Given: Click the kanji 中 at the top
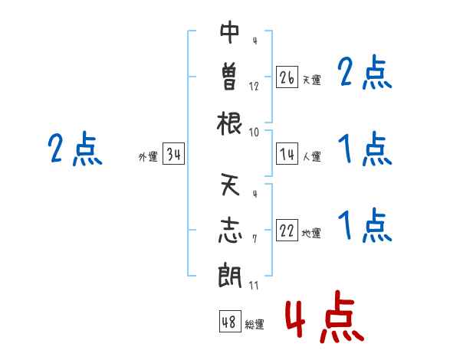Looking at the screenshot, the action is coord(229,32).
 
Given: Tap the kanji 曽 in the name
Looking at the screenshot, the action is coord(229,77).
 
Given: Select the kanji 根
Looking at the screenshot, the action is coord(229,123).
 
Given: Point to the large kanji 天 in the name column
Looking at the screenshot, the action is coord(230,185).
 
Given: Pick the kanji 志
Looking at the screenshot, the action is coord(230,231).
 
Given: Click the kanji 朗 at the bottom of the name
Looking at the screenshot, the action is coord(230,275).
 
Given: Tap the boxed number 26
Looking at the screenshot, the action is coord(287,77).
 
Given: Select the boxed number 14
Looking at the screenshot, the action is coord(287,154).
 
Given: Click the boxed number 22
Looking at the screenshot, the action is coord(287,231).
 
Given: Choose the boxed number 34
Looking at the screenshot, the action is coord(173,154).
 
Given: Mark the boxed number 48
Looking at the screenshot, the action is coord(230,321).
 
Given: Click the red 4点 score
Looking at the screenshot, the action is coord(325,316).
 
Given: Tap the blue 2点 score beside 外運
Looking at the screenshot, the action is coord(75,148).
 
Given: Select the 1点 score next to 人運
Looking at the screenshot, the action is coord(365,149).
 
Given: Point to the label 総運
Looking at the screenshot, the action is coord(255,324).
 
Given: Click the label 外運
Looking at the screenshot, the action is coord(148,157).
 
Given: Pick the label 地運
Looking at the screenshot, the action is coord(311,234).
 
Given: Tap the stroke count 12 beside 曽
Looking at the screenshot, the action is coord(254,87).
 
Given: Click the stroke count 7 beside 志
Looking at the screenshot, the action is coord(255,239).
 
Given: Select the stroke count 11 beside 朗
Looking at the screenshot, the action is coord(254,285).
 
